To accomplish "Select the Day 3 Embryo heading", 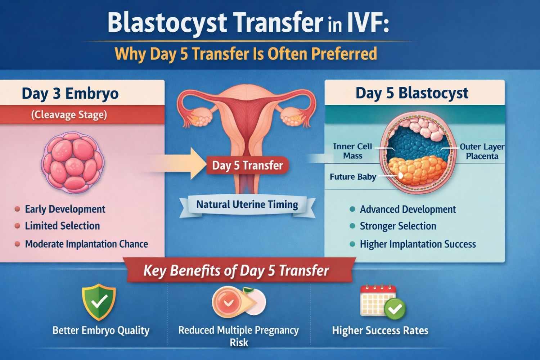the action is pos(70,94).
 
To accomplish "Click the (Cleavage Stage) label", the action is pos(69,115).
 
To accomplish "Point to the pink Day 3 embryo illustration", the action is pos(73,162).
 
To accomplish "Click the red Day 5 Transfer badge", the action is pos(247,165).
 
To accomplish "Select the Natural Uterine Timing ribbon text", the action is pos(247,205).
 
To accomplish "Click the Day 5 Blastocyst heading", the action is pos(412,93).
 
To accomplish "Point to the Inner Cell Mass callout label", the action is pos(352,151).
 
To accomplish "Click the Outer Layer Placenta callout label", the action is pos(482,151).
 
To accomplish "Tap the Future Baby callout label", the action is pos(353,177).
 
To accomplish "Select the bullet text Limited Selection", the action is pos(62,226).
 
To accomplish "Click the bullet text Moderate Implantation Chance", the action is pos(86,244).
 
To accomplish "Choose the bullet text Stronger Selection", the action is pos(398,226).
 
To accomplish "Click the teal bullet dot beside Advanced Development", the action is pos(352,209).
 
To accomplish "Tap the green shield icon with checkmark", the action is pos(99,302).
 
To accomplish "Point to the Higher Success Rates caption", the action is pos(380,330).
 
